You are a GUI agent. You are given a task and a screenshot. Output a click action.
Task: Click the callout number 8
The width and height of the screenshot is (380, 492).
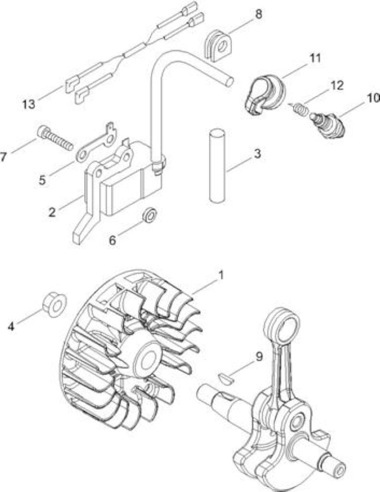point(258,14)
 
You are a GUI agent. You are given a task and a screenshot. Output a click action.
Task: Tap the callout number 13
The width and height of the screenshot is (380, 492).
point(28,104)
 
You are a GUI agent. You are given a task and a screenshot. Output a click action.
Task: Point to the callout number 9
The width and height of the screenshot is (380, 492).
point(258,357)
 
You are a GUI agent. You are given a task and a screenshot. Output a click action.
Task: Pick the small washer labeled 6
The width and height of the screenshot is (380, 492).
point(149,215)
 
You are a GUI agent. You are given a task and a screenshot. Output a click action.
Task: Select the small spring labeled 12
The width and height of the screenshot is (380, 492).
point(300,109)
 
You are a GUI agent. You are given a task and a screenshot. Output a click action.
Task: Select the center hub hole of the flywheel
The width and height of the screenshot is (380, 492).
point(149,359)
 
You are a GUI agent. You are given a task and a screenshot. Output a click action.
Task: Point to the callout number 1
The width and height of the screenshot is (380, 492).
point(221,275)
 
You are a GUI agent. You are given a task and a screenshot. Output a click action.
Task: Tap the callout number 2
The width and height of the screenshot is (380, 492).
point(52,212)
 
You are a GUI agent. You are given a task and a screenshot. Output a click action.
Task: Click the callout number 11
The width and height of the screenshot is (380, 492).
point(315,58)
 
